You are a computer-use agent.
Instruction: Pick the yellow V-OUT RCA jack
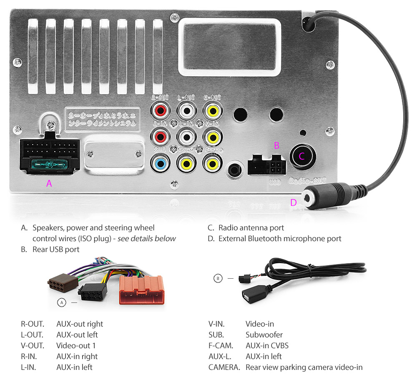point(212,111)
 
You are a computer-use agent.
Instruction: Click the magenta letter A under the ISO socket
point(49,183)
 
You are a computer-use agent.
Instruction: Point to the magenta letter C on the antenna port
point(302,157)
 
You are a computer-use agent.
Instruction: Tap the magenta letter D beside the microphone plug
point(294,203)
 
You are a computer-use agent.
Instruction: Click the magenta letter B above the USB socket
point(276,145)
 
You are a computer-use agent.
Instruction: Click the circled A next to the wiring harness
point(62,303)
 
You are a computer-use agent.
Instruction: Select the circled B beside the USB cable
point(218,278)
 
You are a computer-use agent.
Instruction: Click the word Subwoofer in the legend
point(264,335)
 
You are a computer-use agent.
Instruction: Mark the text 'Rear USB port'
point(56,250)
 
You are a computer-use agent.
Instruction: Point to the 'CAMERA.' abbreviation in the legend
point(224,367)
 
